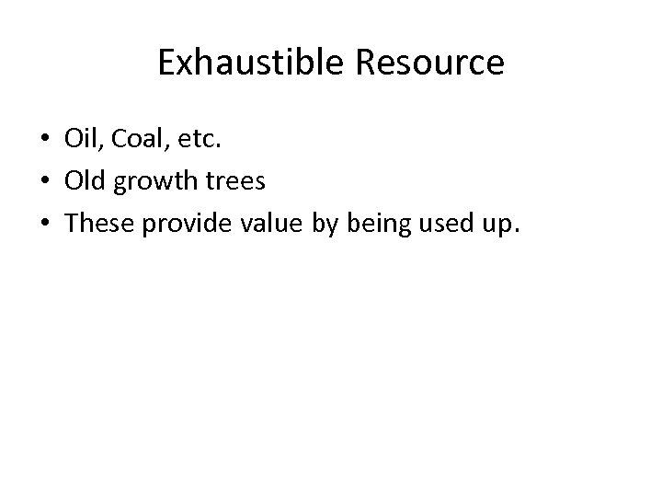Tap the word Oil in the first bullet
pos(80,139)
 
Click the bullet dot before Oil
pos(43,140)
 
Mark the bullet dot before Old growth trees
pos(43,182)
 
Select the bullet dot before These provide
pos(43,225)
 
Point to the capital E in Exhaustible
pos(165,63)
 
